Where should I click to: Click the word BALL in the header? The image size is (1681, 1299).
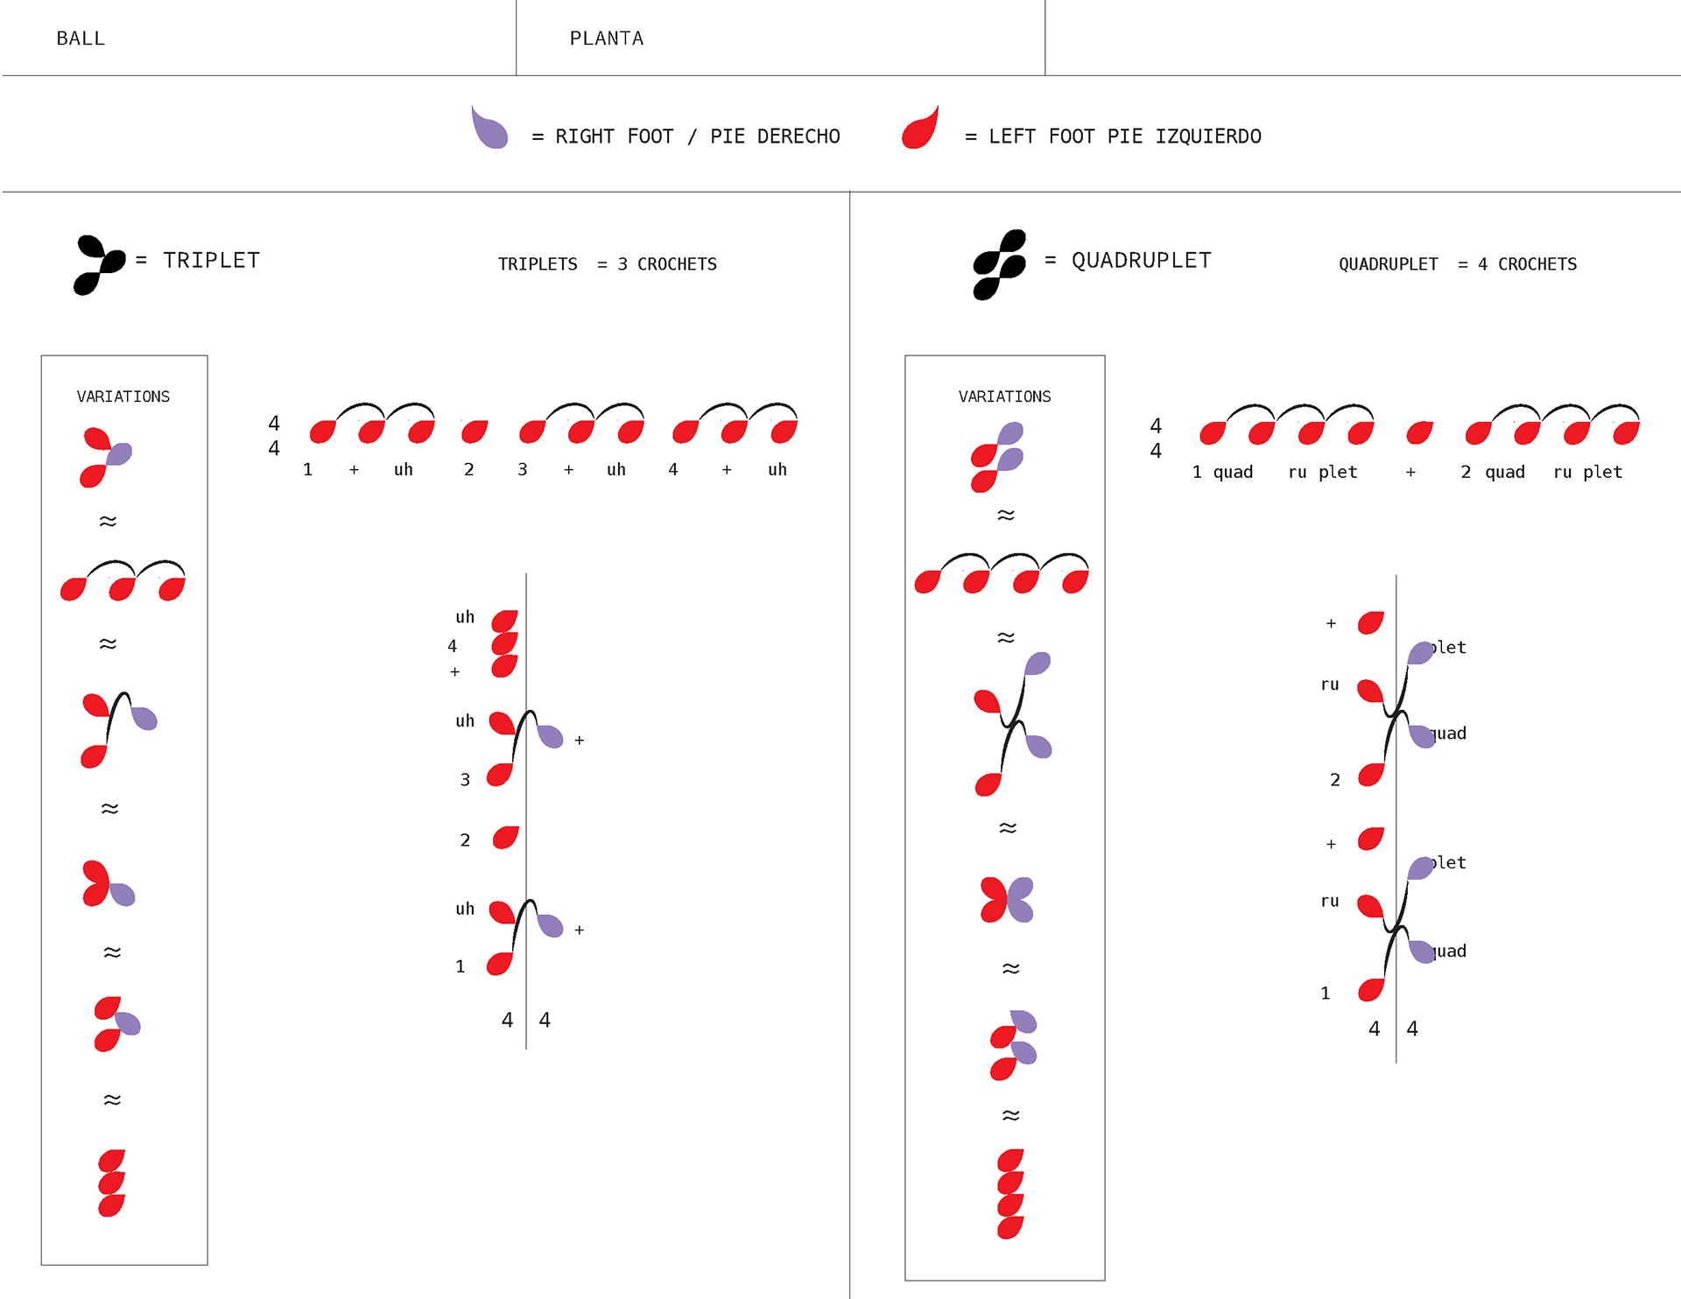pos(81,39)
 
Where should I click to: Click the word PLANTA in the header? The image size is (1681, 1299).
pos(606,39)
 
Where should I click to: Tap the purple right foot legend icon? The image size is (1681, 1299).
pos(489,129)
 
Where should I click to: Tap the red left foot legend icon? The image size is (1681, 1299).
pos(921,129)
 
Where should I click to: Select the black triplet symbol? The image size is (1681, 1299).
pos(99,264)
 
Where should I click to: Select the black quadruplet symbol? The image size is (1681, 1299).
pos(999,264)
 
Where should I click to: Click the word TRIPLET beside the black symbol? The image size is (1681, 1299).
pos(211,261)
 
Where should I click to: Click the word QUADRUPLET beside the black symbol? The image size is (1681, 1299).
pos(1141,261)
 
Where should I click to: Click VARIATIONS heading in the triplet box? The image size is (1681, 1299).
pos(123,397)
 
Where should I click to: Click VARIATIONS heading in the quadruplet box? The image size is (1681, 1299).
pos(1004,397)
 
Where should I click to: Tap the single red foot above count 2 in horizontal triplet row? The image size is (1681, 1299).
pos(475,432)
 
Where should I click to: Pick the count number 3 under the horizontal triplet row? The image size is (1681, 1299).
pos(523,470)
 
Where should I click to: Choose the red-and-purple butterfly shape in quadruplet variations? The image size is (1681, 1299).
pos(1007,900)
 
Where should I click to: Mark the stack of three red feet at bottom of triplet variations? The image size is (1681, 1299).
pos(111,1183)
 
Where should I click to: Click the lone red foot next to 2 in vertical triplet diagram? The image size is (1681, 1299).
pos(505,838)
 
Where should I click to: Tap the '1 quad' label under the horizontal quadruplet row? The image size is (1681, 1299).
pos(1222,473)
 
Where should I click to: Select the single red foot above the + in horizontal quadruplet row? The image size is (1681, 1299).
pos(1419,432)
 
